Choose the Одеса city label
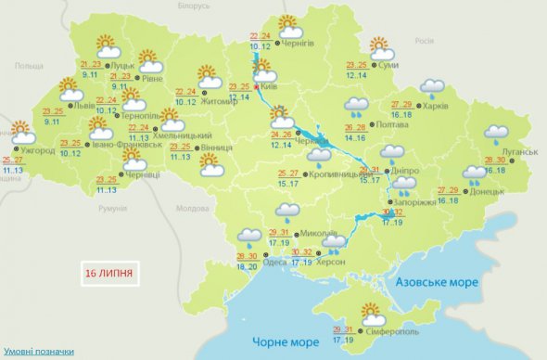point(275,262)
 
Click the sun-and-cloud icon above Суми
point(380,47)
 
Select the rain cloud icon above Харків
point(432,88)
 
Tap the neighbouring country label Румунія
point(112,210)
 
